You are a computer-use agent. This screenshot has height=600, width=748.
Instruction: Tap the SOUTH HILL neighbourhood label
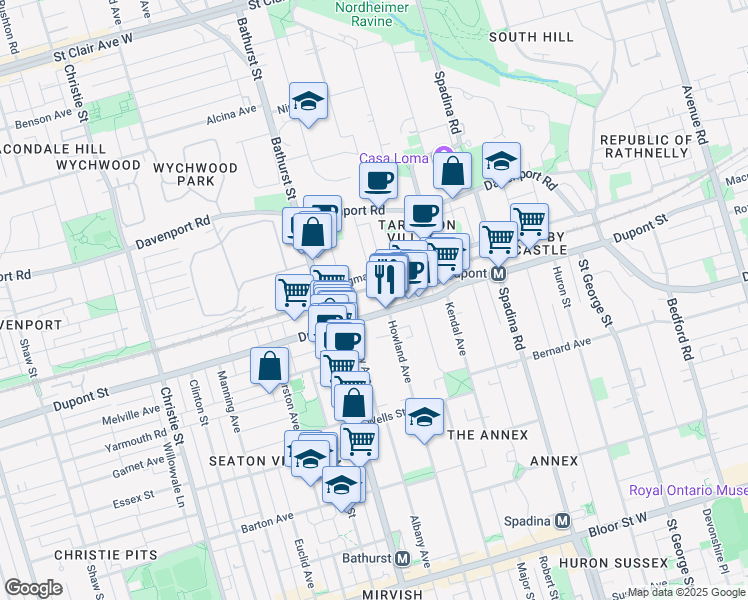click(x=531, y=37)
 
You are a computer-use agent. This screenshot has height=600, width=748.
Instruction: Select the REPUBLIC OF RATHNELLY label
click(x=645, y=146)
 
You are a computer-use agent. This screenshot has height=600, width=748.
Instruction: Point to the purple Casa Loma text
click(x=393, y=158)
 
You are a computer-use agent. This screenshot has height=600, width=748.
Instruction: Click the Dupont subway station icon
click(x=497, y=272)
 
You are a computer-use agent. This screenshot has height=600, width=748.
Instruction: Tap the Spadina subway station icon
click(x=563, y=520)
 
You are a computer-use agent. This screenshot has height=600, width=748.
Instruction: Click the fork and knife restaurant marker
click(x=385, y=278)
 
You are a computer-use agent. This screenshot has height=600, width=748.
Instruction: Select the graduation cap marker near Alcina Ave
click(x=309, y=101)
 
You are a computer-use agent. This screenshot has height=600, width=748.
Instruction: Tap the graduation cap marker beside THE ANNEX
click(x=425, y=416)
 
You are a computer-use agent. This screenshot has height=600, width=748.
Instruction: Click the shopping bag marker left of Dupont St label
click(x=270, y=366)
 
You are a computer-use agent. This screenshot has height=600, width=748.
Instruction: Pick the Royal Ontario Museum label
click(x=688, y=491)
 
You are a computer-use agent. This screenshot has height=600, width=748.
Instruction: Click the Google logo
click(x=33, y=587)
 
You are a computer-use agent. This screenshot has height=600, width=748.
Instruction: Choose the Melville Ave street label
click(x=138, y=411)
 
